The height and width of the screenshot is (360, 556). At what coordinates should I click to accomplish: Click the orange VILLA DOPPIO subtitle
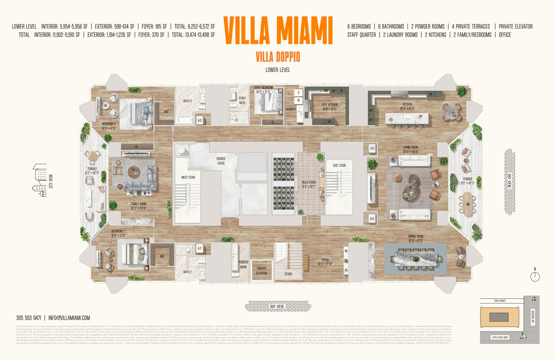(278, 57)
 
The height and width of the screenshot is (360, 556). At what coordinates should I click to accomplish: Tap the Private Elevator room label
(262, 271)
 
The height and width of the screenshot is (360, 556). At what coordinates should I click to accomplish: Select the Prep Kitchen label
(329, 107)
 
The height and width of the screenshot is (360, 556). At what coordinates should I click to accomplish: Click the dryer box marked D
(299, 92)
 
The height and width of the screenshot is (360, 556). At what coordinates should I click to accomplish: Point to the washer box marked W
(299, 100)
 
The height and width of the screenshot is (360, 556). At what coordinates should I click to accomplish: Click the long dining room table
(416, 259)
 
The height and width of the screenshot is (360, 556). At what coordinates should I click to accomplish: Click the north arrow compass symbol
(535, 276)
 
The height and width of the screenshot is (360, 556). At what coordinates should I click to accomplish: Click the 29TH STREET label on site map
(500, 301)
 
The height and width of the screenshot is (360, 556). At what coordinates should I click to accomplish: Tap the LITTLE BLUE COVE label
(500, 337)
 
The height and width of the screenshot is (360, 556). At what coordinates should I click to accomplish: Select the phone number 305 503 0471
(29, 318)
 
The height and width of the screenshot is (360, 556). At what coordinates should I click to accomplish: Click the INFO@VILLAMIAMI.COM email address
(69, 318)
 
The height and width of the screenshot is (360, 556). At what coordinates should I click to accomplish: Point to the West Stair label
(188, 177)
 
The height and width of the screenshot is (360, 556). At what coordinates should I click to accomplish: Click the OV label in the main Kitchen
(431, 94)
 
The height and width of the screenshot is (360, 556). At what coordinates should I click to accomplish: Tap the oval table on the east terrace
(467, 204)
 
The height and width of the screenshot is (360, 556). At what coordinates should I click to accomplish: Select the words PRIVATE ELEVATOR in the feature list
(516, 26)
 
